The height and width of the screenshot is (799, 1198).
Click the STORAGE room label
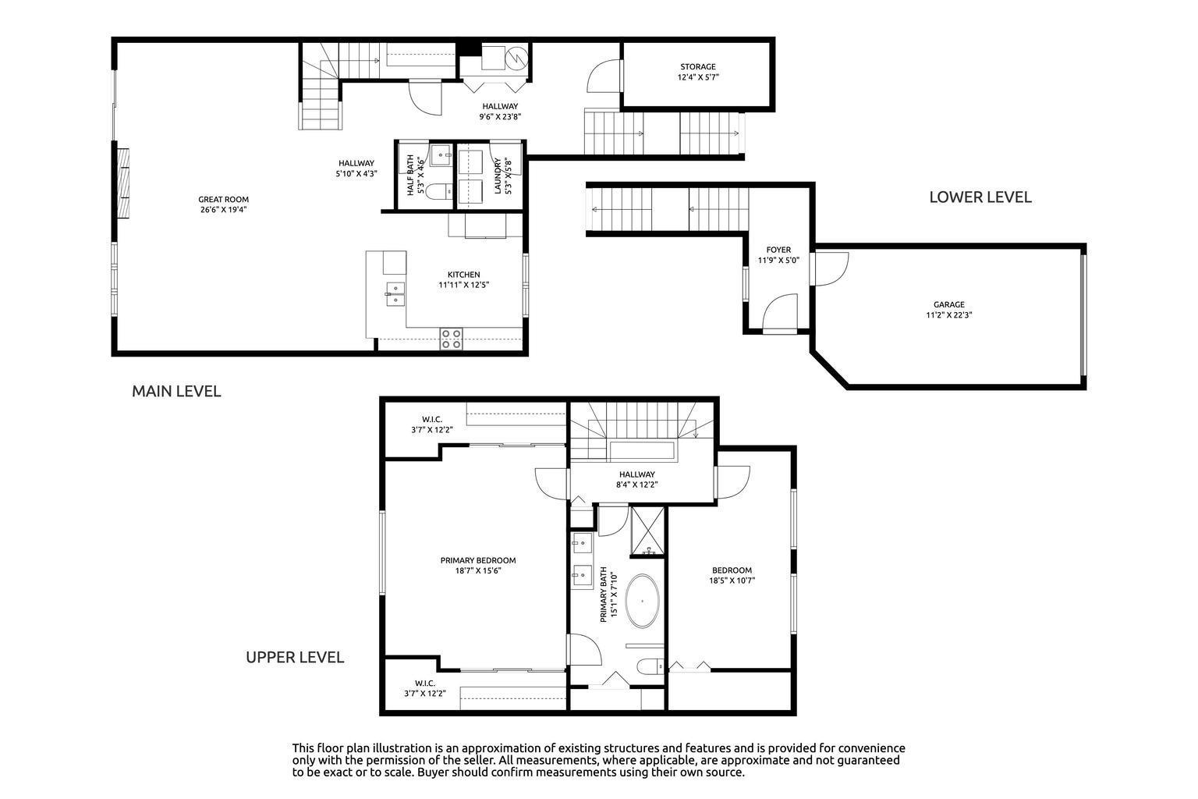pyautogui.click(x=697, y=67)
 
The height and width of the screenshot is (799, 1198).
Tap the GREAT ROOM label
pyautogui.click(x=224, y=200)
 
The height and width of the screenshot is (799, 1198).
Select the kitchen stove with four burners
pyautogui.click(x=451, y=339)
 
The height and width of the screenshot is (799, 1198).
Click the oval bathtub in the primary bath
pyautogui.click(x=643, y=601)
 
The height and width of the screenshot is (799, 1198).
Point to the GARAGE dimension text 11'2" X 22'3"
pyautogui.click(x=948, y=315)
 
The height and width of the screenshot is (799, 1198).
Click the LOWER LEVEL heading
pyautogui.click(x=980, y=197)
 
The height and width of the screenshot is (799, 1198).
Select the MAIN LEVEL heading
pyautogui.click(x=176, y=391)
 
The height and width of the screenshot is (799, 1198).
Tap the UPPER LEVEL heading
pyautogui.click(x=295, y=657)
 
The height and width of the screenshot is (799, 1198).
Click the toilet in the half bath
pyautogui.click(x=441, y=191)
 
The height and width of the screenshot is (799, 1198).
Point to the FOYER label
pyautogui.click(x=778, y=250)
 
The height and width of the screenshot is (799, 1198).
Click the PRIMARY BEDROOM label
pyautogui.click(x=478, y=560)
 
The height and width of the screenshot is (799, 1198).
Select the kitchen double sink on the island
pyautogui.click(x=395, y=294)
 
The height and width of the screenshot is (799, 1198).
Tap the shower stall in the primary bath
pyautogui.click(x=647, y=531)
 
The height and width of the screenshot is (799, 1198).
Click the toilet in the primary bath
pyautogui.click(x=650, y=666)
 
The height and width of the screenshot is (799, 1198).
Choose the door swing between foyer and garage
pyautogui.click(x=830, y=269)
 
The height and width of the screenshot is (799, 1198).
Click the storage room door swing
pyautogui.click(x=604, y=76)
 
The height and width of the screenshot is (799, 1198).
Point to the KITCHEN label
pyautogui.click(x=464, y=275)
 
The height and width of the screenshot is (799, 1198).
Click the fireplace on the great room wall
pyautogui.click(x=123, y=183)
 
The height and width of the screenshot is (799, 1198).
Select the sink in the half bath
pyautogui.click(x=441, y=155)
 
